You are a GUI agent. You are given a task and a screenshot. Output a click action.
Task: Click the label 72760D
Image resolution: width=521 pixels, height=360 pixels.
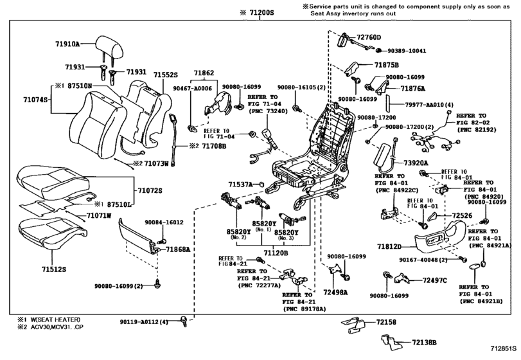click(369, 37)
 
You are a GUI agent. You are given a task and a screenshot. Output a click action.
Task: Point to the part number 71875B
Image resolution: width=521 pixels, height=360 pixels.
click(387, 66)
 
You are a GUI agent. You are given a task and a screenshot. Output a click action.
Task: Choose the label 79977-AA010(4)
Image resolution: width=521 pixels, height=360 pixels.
click(420, 104)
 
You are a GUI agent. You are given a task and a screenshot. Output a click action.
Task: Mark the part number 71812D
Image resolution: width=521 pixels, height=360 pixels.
click(389, 246)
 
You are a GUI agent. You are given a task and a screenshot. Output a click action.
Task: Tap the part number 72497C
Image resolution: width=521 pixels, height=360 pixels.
click(435, 281)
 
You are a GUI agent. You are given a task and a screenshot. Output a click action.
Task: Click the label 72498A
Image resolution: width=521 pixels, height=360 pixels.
click(335, 292)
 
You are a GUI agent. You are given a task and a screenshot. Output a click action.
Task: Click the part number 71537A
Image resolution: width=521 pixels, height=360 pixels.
click(240, 184)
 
